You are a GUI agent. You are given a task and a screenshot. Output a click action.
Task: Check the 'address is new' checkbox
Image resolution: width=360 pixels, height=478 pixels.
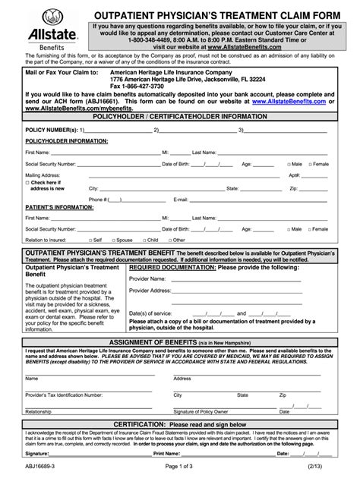pyautogui.click(x=27, y=182)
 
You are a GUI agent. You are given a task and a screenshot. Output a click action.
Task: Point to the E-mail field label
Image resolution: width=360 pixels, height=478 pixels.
pyautogui.click(x=181, y=200)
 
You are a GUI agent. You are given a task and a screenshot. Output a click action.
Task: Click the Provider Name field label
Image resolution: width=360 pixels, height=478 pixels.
pyautogui.click(x=149, y=279)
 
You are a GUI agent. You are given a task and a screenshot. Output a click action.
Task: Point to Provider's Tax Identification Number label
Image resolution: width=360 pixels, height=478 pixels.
pyautogui.click(x=64, y=395)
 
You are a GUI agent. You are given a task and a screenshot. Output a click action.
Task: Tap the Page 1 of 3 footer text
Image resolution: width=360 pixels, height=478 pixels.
pyautogui.click(x=180, y=469)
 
